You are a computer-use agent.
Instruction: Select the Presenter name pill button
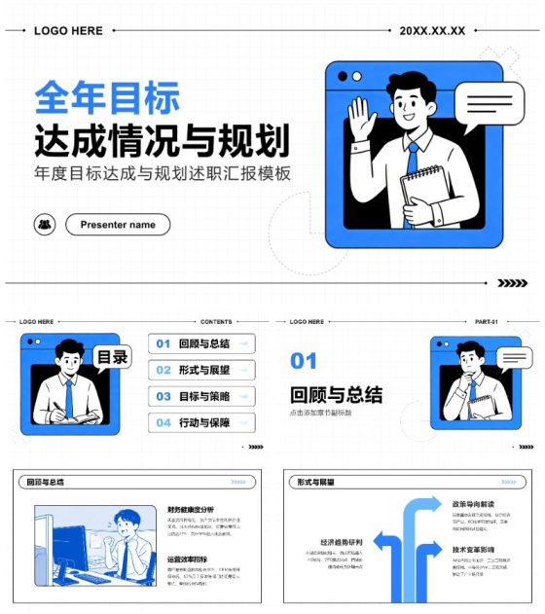point(118,225)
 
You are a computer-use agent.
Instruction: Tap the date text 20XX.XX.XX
point(432,31)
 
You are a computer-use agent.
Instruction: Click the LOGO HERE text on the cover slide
point(68,31)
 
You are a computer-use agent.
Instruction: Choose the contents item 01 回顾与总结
point(201,343)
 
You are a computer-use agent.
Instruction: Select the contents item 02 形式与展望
point(201,370)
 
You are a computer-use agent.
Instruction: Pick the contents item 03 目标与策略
point(201,396)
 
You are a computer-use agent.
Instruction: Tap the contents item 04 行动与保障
point(201,422)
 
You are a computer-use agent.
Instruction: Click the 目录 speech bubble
point(112,358)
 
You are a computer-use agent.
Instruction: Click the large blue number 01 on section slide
point(304,362)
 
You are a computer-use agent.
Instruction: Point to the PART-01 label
point(486,321)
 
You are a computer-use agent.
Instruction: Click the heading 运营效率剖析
point(187,560)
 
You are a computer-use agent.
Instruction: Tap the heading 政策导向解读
point(474,504)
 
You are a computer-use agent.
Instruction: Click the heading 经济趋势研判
point(341,542)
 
